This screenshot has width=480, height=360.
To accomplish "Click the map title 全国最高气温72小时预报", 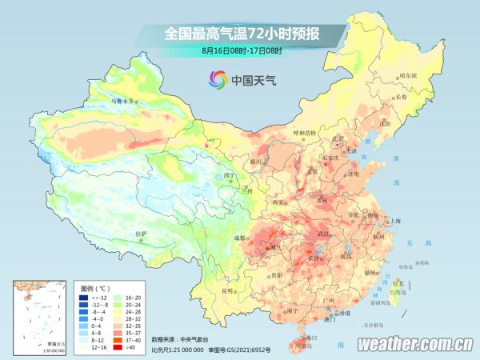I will pos(242,34).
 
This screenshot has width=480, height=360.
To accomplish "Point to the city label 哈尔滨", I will pos(408,75).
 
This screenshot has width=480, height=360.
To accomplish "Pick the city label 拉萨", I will pos(141,234).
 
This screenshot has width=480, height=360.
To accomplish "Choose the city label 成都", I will pos(241,238).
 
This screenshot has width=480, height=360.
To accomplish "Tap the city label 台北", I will pos(398,282).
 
